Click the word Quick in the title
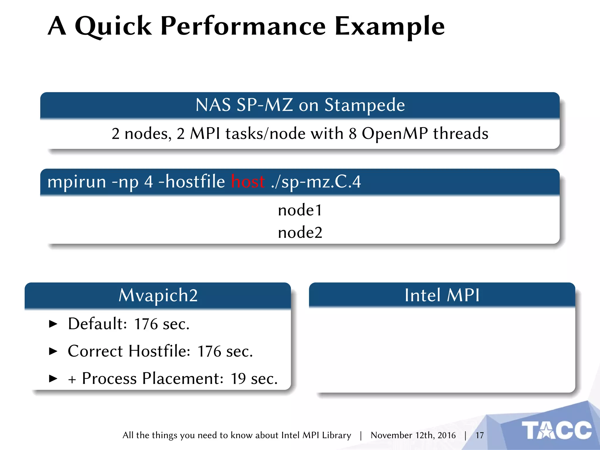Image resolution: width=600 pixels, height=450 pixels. click(113, 26)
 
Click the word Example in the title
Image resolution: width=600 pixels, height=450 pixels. click(389, 26)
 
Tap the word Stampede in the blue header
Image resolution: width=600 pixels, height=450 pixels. click(364, 105)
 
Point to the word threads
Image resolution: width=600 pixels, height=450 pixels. click(461, 134)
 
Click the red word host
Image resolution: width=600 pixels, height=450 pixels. click(248, 182)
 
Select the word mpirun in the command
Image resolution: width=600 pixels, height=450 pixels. click(77, 182)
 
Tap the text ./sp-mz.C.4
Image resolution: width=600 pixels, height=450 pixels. click(316, 182)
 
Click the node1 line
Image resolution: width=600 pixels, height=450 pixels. click(300, 210)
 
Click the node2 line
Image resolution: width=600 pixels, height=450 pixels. click(300, 233)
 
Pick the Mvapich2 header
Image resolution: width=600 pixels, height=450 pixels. click(158, 295)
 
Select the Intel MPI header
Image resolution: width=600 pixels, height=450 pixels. click(442, 295)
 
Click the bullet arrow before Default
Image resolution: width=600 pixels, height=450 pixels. click(53, 324)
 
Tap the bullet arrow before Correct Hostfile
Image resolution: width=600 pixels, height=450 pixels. click(53, 351)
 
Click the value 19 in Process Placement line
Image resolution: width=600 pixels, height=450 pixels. click(238, 379)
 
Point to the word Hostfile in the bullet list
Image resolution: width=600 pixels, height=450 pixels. click(159, 351)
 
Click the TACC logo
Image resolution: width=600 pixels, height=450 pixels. click(557, 430)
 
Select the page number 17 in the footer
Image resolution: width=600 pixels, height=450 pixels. click(479, 435)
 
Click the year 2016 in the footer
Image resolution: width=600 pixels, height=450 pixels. click(446, 435)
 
